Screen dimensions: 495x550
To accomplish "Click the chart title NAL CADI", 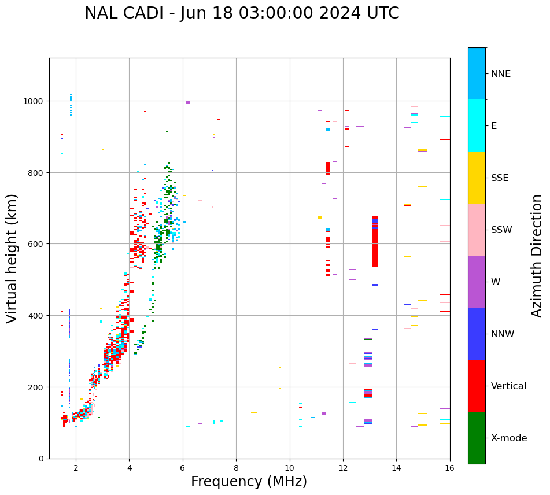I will [242, 13].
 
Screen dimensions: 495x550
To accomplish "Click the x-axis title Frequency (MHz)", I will [249, 482].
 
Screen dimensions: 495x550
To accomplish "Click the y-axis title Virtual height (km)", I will [12, 258].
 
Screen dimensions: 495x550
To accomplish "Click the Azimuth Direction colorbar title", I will [537, 256].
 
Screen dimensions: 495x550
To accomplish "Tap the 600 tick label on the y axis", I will [38, 244].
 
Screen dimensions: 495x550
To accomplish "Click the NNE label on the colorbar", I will [501, 74].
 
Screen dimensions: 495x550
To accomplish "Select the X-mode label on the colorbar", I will [509, 438].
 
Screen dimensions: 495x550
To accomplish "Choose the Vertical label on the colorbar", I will [509, 386].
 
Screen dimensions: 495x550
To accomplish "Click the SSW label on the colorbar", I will [501, 230].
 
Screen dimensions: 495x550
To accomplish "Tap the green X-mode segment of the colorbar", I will [477, 438].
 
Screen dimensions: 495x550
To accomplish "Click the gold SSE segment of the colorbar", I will [477, 178].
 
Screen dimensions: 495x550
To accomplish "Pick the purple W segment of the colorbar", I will [477, 282].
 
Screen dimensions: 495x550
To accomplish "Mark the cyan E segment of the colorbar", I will [477, 125].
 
